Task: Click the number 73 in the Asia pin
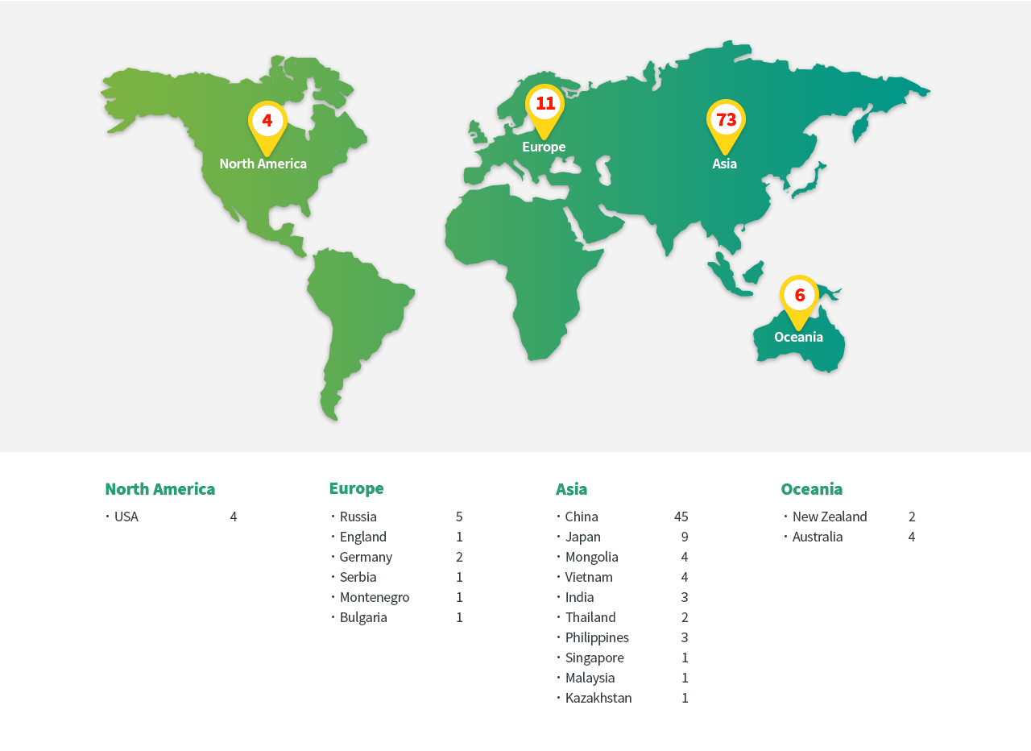[726, 119]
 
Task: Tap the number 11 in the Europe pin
[545, 103]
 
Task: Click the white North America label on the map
[263, 164]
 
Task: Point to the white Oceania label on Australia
[798, 337]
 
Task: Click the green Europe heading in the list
[356, 488]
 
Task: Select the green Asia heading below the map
[571, 489]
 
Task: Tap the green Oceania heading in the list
[811, 489]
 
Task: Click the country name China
[582, 517]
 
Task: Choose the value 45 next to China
[681, 517]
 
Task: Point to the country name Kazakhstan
[598, 698]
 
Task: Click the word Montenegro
[375, 597]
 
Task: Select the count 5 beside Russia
[459, 517]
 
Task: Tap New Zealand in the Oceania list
[830, 517]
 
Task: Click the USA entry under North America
[126, 517]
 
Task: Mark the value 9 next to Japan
[685, 537]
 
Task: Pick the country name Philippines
[597, 637]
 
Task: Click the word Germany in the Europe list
[366, 557]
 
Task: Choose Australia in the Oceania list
[818, 537]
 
